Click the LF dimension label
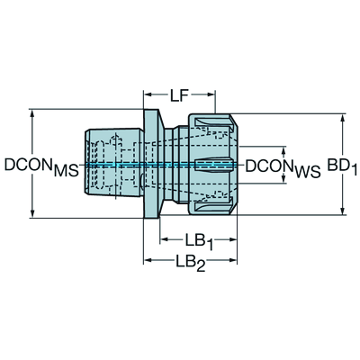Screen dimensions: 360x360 [179, 96]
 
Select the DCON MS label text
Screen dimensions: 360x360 [41, 166]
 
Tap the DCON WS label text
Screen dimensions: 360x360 [283, 167]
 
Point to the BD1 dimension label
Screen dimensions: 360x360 [342, 166]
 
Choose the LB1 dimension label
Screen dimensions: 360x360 [199, 242]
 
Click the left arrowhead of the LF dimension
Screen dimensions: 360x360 [148, 94]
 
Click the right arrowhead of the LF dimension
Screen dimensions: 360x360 [211, 94]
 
